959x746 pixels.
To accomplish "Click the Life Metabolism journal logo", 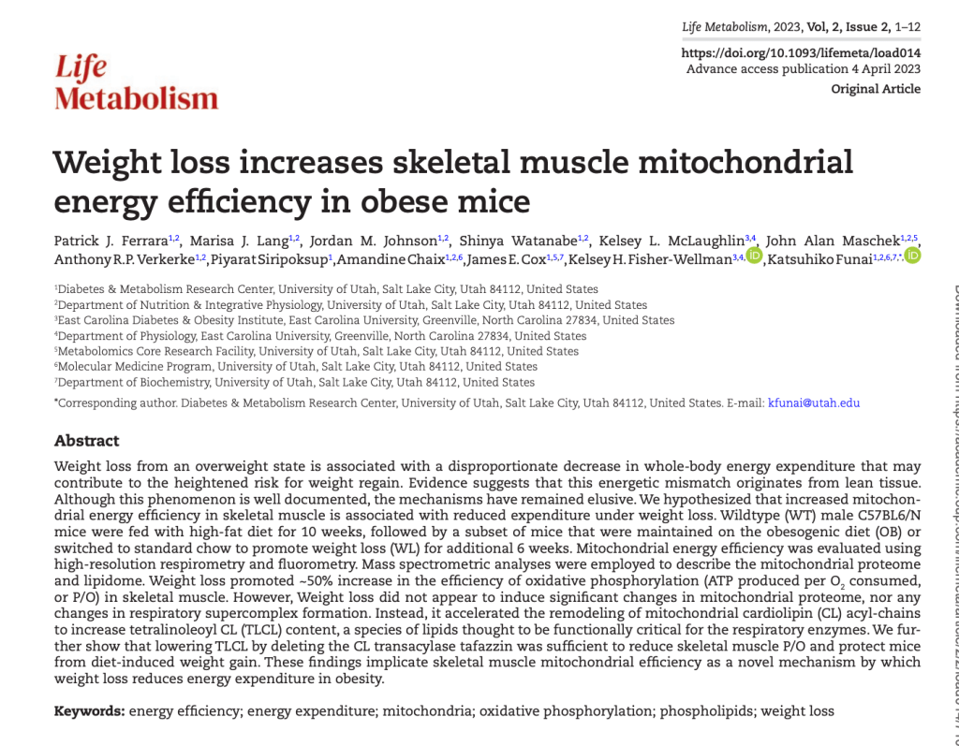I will point(136,83).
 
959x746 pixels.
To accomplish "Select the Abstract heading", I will point(87,441).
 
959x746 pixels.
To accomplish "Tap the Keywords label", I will point(89,711).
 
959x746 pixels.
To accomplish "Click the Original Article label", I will point(876,89).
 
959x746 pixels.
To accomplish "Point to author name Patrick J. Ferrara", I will point(111,241).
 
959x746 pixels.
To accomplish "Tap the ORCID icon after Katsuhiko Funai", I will point(912,256).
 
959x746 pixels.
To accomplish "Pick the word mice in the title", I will point(494,200).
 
